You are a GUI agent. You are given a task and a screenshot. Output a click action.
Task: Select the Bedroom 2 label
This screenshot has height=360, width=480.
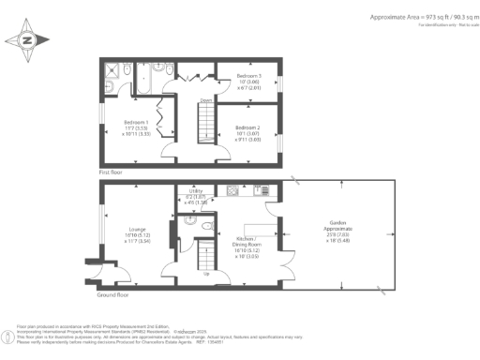tap(248, 132)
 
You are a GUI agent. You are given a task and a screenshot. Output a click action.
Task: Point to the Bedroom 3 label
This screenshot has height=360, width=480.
tap(248, 81)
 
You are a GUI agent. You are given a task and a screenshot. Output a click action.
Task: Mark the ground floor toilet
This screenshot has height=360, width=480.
tap(190, 225)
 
